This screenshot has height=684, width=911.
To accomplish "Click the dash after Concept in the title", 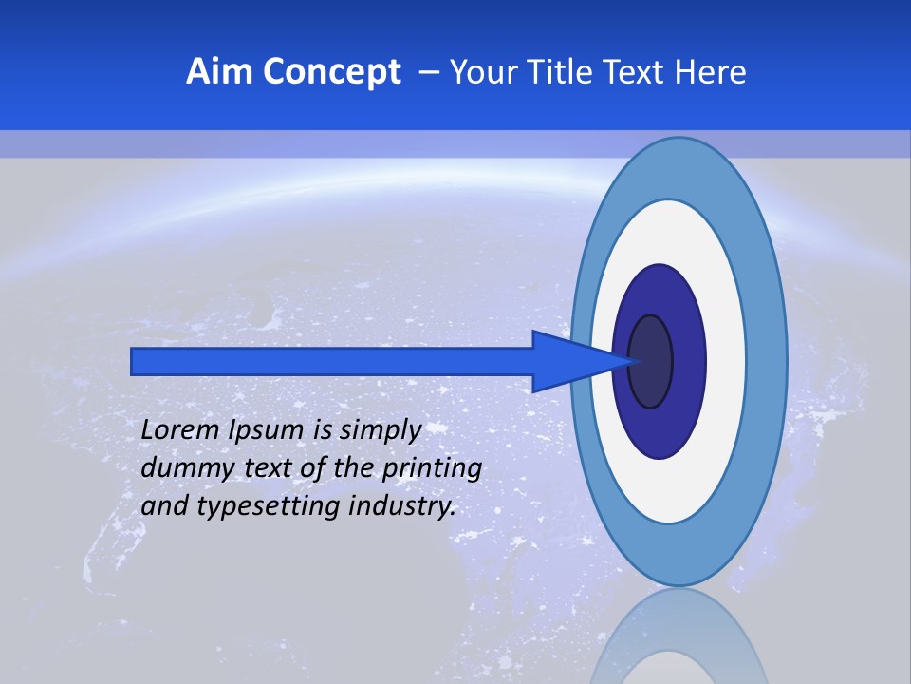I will [x=428, y=73].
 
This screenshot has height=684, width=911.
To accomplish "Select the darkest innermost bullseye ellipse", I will [x=651, y=361].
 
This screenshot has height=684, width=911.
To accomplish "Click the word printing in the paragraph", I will [x=433, y=468].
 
